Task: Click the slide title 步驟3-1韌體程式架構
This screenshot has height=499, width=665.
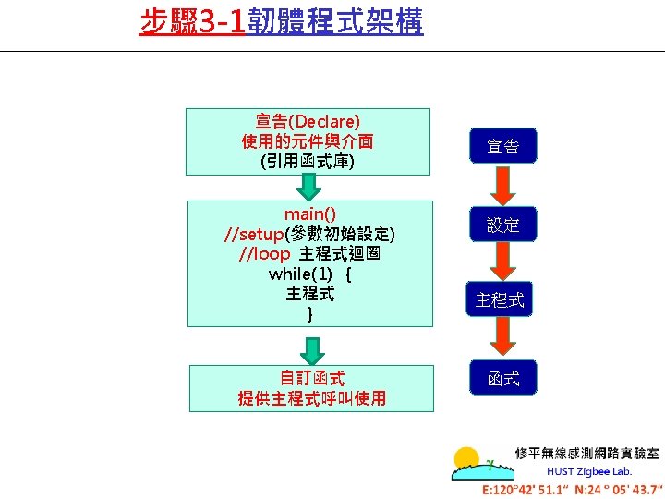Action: click(281, 21)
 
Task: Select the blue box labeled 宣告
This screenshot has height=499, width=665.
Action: click(503, 146)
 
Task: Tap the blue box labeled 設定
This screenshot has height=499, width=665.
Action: click(503, 225)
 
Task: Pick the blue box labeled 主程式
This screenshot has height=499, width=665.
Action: click(500, 300)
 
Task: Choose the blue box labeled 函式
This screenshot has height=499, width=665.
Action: click(503, 379)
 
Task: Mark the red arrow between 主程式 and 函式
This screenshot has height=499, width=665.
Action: click(502, 339)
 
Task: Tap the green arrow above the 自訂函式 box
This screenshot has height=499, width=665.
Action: click(313, 350)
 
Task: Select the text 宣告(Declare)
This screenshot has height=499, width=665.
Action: click(308, 121)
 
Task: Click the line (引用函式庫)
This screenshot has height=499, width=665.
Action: click(308, 162)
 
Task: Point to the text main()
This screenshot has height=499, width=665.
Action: click(309, 213)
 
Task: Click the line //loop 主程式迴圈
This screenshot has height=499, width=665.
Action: click(309, 253)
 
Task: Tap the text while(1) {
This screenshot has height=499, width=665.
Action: click(309, 274)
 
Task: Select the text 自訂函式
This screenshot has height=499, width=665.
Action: click(312, 378)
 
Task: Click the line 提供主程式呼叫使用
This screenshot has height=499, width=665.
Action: click(312, 398)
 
